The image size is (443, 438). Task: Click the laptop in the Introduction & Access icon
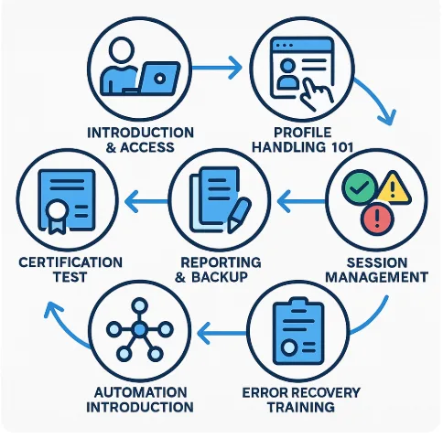coord(157,79)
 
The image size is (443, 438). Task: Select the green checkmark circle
coord(360,187)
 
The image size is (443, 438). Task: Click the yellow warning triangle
coord(393,188)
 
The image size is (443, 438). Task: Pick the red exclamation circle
coord(377,219)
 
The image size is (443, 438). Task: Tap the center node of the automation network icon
coord(140,329)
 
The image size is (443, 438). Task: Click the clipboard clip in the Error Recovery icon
coord(298,304)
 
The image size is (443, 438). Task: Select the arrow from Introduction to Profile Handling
coord(217,68)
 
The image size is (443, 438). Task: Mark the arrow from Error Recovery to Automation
coord(222,333)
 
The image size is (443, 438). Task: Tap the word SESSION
coord(377,262)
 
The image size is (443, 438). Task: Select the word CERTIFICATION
coord(70,262)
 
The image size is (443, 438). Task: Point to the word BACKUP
coord(220,277)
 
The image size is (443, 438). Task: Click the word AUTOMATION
coord(140,392)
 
